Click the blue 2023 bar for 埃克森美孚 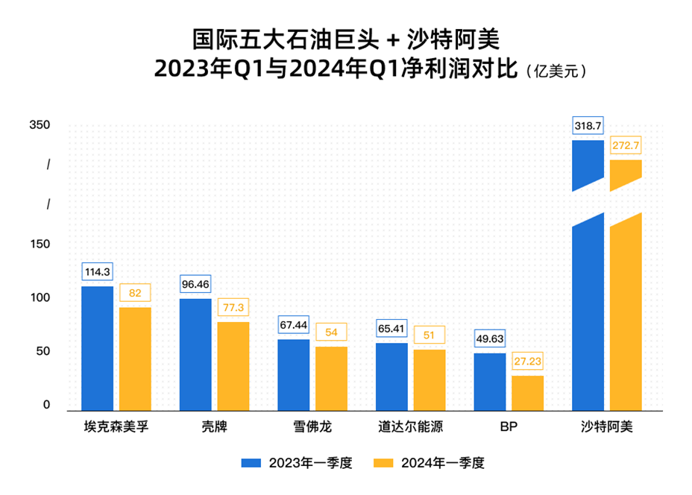(x=97, y=347)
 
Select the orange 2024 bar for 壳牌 (x=233, y=365)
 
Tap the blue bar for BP (x=489, y=381)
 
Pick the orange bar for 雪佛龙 (x=331, y=378)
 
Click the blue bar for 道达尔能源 (x=391, y=376)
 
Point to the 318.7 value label (x=588, y=126)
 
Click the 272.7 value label (x=626, y=146)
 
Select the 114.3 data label (x=97, y=272)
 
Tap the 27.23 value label (x=527, y=361)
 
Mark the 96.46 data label (x=195, y=285)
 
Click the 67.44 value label (x=293, y=325)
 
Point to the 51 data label (x=429, y=335)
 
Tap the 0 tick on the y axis (x=46, y=405)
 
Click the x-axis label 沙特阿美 (x=606, y=428)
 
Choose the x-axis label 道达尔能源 (x=410, y=428)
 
